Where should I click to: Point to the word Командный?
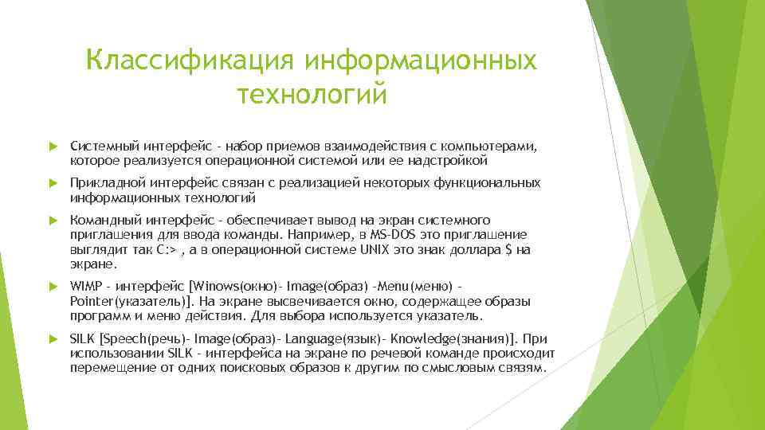(101, 220)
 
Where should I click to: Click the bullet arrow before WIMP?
(53, 286)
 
